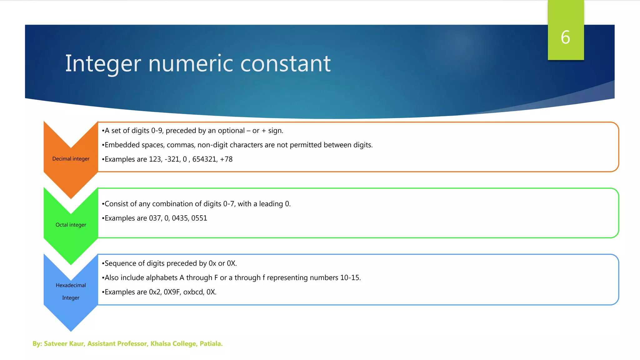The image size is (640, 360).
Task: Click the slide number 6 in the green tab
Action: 565,37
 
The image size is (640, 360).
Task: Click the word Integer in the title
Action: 103,64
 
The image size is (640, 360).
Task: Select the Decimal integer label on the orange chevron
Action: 71,159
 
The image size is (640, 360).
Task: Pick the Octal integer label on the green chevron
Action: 71,225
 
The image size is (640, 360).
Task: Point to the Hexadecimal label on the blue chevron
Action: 71,285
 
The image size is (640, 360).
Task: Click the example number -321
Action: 172,159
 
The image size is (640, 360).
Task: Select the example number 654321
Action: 204,159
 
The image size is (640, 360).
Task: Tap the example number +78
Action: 226,159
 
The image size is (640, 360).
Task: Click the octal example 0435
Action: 180,218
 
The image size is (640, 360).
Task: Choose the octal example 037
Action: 155,218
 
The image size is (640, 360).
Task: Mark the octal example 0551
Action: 199,218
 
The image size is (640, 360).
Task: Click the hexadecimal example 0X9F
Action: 172,292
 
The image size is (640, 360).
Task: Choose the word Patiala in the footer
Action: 211,344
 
